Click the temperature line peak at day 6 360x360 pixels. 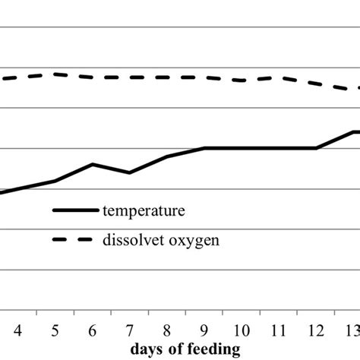tap(93, 164)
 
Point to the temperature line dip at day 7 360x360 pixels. tap(130, 172)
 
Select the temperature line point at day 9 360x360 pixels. tap(204, 148)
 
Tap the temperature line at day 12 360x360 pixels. tap(316, 148)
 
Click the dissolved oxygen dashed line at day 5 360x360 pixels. tap(55, 74)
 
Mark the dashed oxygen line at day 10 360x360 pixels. tap(242, 81)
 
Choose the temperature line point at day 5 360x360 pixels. tap(55, 181)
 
